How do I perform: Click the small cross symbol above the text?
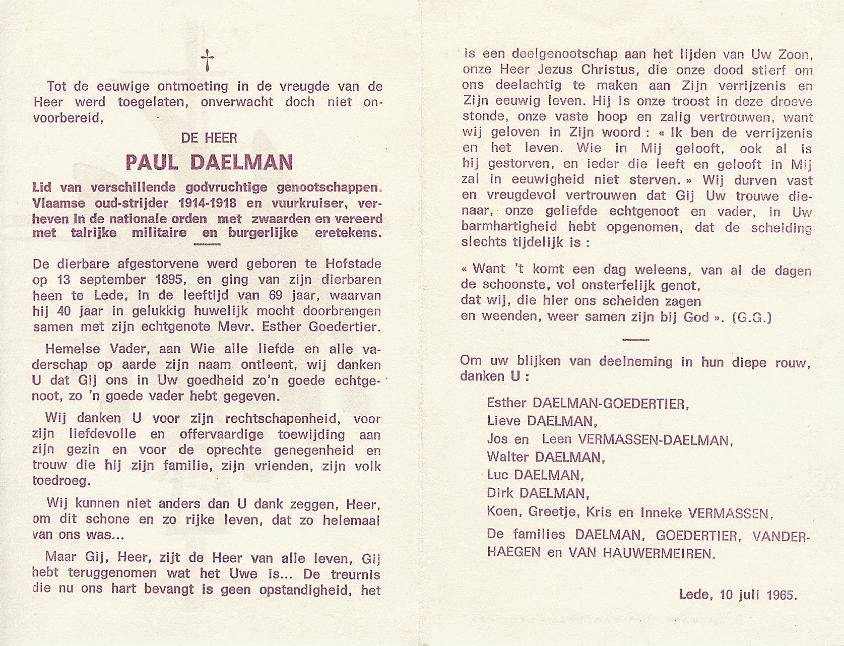tap(207, 61)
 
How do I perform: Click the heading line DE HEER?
tap(209, 137)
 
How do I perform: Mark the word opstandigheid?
tap(293, 590)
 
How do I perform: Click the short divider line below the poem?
tap(635, 340)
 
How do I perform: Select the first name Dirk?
tap(500, 493)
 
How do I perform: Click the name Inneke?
tap(661, 512)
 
